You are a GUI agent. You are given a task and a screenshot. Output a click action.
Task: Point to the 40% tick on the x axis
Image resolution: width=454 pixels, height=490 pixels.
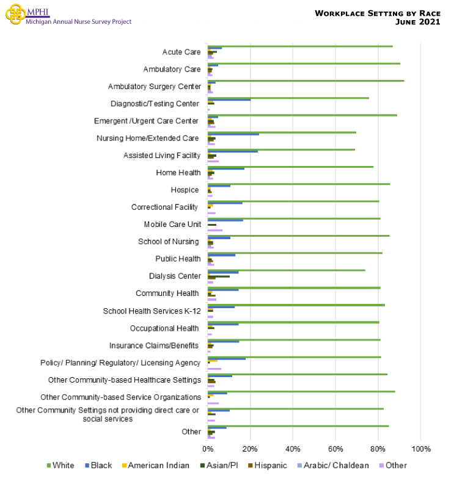293,449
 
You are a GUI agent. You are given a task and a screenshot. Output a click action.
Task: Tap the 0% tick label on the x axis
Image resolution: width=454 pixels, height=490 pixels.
208,449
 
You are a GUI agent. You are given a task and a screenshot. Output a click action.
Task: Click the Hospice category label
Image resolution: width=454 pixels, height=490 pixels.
185,190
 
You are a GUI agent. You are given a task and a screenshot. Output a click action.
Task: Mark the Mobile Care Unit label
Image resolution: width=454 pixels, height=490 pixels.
172,225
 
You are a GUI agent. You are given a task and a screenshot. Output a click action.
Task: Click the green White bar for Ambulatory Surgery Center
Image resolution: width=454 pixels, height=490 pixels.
306,81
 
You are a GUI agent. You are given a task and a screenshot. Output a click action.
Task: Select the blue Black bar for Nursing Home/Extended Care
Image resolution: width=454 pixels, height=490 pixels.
233,134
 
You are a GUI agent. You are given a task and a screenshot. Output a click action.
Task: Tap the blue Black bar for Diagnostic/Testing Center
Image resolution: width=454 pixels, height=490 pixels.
229,99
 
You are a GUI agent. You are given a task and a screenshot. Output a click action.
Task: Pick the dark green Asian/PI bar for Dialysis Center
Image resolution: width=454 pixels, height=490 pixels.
219,276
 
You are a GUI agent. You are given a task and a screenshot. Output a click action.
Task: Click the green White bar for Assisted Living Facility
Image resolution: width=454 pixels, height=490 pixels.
281,149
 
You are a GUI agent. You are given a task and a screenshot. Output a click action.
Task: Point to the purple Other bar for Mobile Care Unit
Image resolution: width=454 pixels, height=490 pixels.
215,230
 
